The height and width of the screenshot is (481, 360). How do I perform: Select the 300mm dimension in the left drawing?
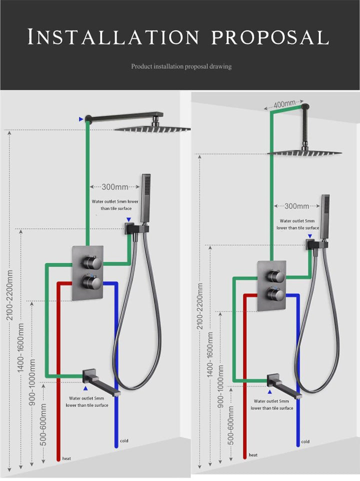coord(114,187)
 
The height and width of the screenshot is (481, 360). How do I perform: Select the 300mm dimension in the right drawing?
coord(297,206)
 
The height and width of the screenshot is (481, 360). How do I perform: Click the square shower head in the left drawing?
coord(152,129)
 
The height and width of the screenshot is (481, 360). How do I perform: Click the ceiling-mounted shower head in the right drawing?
coord(305,152)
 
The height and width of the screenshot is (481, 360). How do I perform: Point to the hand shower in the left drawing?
coord(145,197)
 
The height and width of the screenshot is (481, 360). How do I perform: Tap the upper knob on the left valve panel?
coord(92,261)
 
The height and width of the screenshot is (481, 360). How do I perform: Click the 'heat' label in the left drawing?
coord(66,458)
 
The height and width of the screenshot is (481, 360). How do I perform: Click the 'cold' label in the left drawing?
coord(124,440)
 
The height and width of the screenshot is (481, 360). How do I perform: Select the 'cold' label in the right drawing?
coord(305,441)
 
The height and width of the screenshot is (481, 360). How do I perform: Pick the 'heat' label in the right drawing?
coord(253,455)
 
